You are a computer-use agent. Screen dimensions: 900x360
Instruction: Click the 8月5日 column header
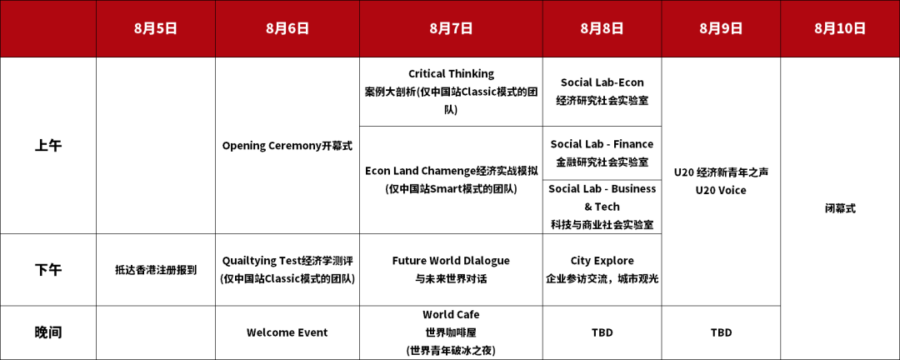tap(156, 28)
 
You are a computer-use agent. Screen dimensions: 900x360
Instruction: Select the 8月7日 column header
tap(451, 28)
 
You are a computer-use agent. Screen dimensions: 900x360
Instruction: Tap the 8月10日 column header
tap(840, 28)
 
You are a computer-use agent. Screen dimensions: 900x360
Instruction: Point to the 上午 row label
tap(48, 146)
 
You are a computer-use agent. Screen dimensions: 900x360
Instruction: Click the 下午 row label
tap(48, 270)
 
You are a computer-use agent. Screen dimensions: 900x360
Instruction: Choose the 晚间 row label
tap(48, 332)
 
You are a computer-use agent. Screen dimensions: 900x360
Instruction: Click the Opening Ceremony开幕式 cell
tap(287, 146)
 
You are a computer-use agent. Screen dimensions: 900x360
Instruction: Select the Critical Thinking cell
tap(451, 92)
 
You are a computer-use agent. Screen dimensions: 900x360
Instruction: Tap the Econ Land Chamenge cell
tap(451, 180)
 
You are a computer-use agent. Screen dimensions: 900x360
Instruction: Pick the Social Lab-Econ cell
tap(602, 92)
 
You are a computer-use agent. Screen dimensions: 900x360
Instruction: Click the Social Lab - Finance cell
tap(602, 152)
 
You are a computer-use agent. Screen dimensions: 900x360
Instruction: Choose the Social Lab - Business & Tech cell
tap(602, 207)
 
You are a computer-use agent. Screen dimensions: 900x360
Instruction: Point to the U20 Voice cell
tap(721, 182)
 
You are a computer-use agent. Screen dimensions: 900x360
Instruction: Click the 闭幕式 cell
tap(840, 208)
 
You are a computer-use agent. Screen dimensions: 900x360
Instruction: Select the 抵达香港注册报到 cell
tap(156, 270)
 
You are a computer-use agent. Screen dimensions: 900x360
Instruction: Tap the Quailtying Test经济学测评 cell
tap(287, 270)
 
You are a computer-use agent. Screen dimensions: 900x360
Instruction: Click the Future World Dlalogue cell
tap(451, 270)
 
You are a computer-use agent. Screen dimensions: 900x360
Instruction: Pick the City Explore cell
tap(602, 270)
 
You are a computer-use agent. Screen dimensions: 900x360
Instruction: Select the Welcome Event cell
tap(287, 332)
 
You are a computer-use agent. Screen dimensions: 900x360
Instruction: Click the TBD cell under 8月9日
tap(721, 332)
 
